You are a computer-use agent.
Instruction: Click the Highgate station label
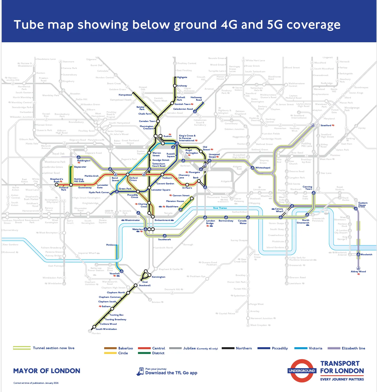click(182, 77)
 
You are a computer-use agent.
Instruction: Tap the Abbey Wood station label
click(358, 271)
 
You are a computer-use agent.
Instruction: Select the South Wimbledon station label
click(106, 329)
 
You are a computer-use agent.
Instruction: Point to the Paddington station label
click(84, 161)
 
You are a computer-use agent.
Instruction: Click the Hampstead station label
click(125, 95)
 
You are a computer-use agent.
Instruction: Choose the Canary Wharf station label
click(279, 210)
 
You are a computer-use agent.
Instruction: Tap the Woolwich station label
click(366, 254)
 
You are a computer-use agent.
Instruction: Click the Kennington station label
click(158, 277)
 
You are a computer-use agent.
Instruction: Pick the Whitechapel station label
click(263, 168)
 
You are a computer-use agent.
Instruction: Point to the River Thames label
click(220, 208)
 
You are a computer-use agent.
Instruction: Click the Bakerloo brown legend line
click(110, 348)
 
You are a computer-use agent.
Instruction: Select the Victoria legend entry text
click(315, 348)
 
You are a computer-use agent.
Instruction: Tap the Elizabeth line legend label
click(353, 348)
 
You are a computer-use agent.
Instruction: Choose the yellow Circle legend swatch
click(110, 353)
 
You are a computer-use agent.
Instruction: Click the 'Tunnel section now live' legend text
click(54, 348)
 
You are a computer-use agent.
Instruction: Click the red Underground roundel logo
click(302, 371)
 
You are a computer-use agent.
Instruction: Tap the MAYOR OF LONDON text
click(47, 371)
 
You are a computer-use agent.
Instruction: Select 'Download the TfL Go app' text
click(171, 373)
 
